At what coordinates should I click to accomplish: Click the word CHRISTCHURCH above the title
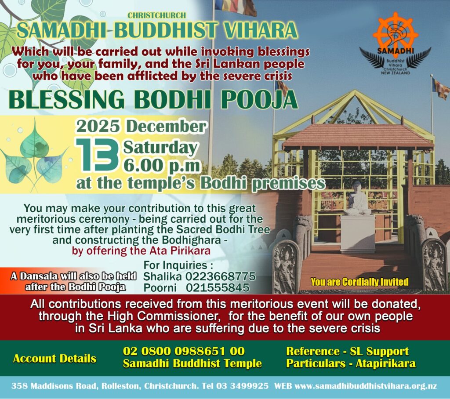(156, 15)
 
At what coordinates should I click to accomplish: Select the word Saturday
(160, 149)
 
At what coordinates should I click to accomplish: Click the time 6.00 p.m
(162, 166)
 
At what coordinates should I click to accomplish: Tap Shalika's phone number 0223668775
(221, 276)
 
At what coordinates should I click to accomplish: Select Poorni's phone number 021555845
(218, 288)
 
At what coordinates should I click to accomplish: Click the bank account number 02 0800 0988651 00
(184, 351)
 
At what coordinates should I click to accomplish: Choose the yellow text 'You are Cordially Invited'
(359, 282)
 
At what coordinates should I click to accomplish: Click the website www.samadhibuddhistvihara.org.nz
(366, 386)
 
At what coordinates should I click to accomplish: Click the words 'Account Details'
(54, 359)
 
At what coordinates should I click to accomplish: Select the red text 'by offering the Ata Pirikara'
(141, 250)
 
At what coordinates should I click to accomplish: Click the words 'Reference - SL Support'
(347, 352)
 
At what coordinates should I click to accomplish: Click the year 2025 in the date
(98, 127)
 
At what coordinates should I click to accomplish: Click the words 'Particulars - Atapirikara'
(351, 363)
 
